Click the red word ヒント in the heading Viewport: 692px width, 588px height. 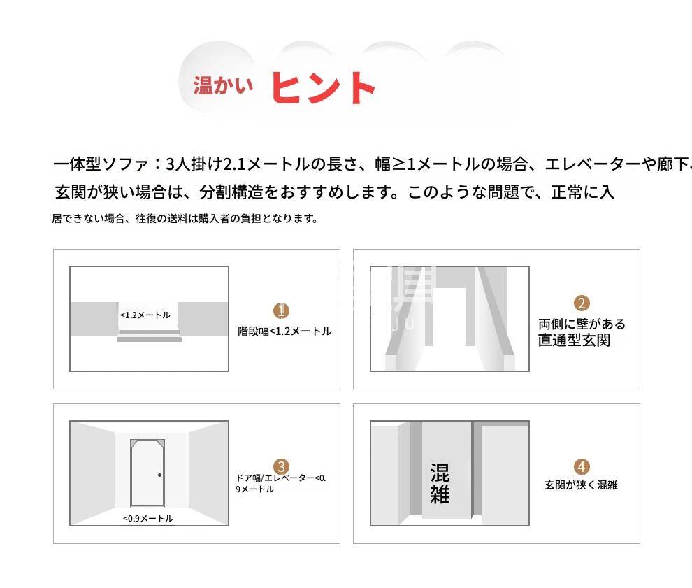pos(323,88)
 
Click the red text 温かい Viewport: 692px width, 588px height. pos(223,85)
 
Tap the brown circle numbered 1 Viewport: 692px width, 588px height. pos(281,310)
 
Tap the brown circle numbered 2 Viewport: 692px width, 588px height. pos(582,303)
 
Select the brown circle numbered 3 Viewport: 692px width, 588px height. pos(281,466)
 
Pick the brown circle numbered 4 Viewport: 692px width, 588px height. pos(582,466)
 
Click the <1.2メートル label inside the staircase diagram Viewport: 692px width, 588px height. pos(145,315)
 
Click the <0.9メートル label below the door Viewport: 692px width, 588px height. pos(148,518)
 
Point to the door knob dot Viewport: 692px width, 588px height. pos(160,475)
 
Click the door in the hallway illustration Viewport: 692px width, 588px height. pos(147,473)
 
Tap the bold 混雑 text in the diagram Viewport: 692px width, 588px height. pos(440,483)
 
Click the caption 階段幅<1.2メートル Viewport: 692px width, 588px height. pos(284,331)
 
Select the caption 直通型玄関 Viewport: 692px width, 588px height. pos(574,340)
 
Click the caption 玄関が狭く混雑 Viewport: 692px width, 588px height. pos(582,485)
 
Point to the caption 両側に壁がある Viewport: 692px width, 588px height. pos(582,324)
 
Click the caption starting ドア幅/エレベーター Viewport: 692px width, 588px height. pos(281,483)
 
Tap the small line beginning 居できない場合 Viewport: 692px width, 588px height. pos(185,219)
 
